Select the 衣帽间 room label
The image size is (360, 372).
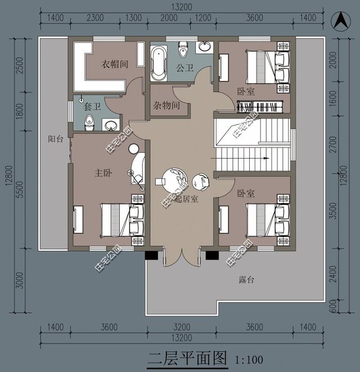[x=115, y=64]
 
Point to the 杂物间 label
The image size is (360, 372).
[x=166, y=105]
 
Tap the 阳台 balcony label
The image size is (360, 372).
[x=56, y=139]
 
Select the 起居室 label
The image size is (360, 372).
[x=186, y=200]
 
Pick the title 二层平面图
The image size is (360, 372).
[x=187, y=358]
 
